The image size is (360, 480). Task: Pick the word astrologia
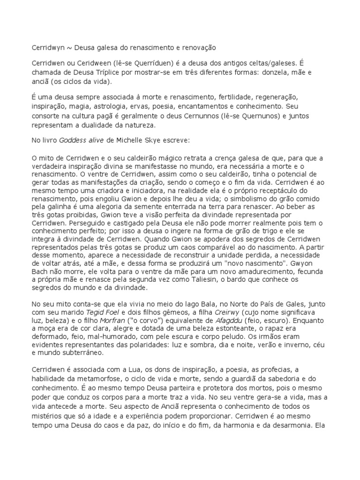click(117, 106)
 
